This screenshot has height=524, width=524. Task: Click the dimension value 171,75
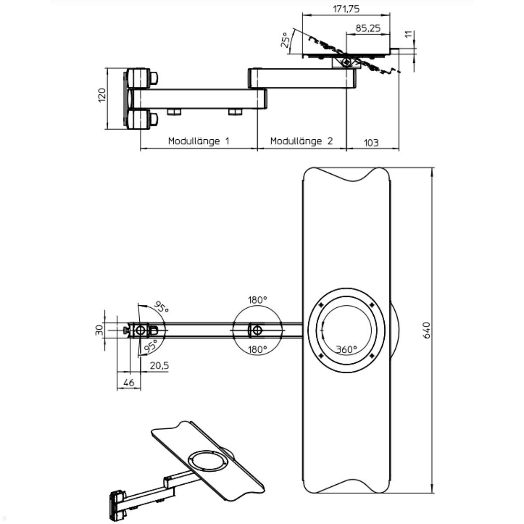(x=346, y=9)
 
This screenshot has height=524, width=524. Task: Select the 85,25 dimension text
(x=367, y=28)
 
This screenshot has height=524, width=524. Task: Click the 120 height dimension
(x=102, y=95)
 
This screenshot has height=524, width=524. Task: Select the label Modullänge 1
(x=199, y=141)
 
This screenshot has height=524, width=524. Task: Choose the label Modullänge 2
(x=301, y=141)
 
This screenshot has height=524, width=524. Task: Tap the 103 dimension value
(x=371, y=142)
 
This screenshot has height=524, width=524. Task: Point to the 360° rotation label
(x=346, y=349)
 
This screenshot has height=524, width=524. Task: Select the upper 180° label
(x=257, y=300)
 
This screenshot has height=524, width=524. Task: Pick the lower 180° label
(x=257, y=349)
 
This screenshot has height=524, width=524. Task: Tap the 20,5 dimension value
(x=159, y=366)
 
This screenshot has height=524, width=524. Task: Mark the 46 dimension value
(x=129, y=383)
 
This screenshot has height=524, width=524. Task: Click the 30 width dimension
(x=99, y=330)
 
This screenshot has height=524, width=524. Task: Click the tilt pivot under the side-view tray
(x=346, y=62)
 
